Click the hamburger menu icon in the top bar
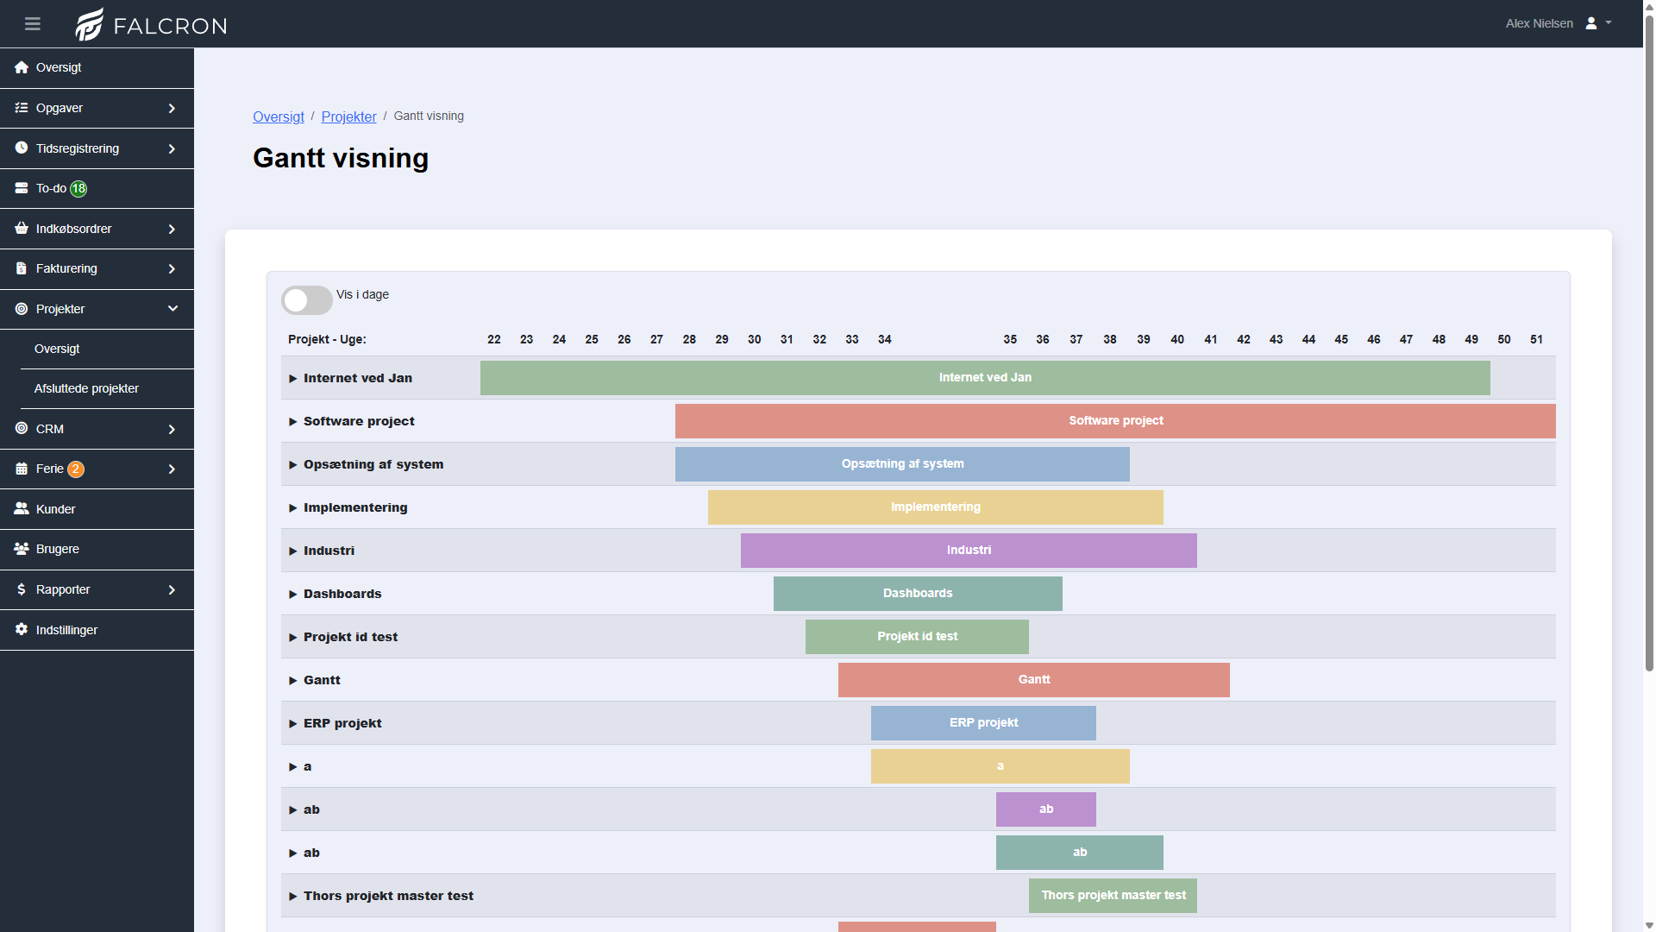tap(33, 23)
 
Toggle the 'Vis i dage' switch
tap(306, 299)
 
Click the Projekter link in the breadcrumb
tap(348, 116)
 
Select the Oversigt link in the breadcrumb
tap(279, 116)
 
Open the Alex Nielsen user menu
tap(1558, 23)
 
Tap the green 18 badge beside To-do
tap(78, 188)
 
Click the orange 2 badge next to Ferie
tap(76, 469)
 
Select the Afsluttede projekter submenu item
tap(86, 388)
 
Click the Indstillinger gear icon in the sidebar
tap(22, 630)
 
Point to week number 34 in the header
tap(885, 339)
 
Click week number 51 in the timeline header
tap(1537, 339)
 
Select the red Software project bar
tap(1115, 421)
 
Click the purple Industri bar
tap(969, 551)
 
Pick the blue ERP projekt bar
tap(983, 723)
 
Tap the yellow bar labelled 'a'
tap(1000, 766)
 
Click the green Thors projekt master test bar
tap(1113, 896)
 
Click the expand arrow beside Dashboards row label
tap(293, 595)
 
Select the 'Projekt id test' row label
tap(350, 637)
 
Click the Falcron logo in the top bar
tap(151, 24)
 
